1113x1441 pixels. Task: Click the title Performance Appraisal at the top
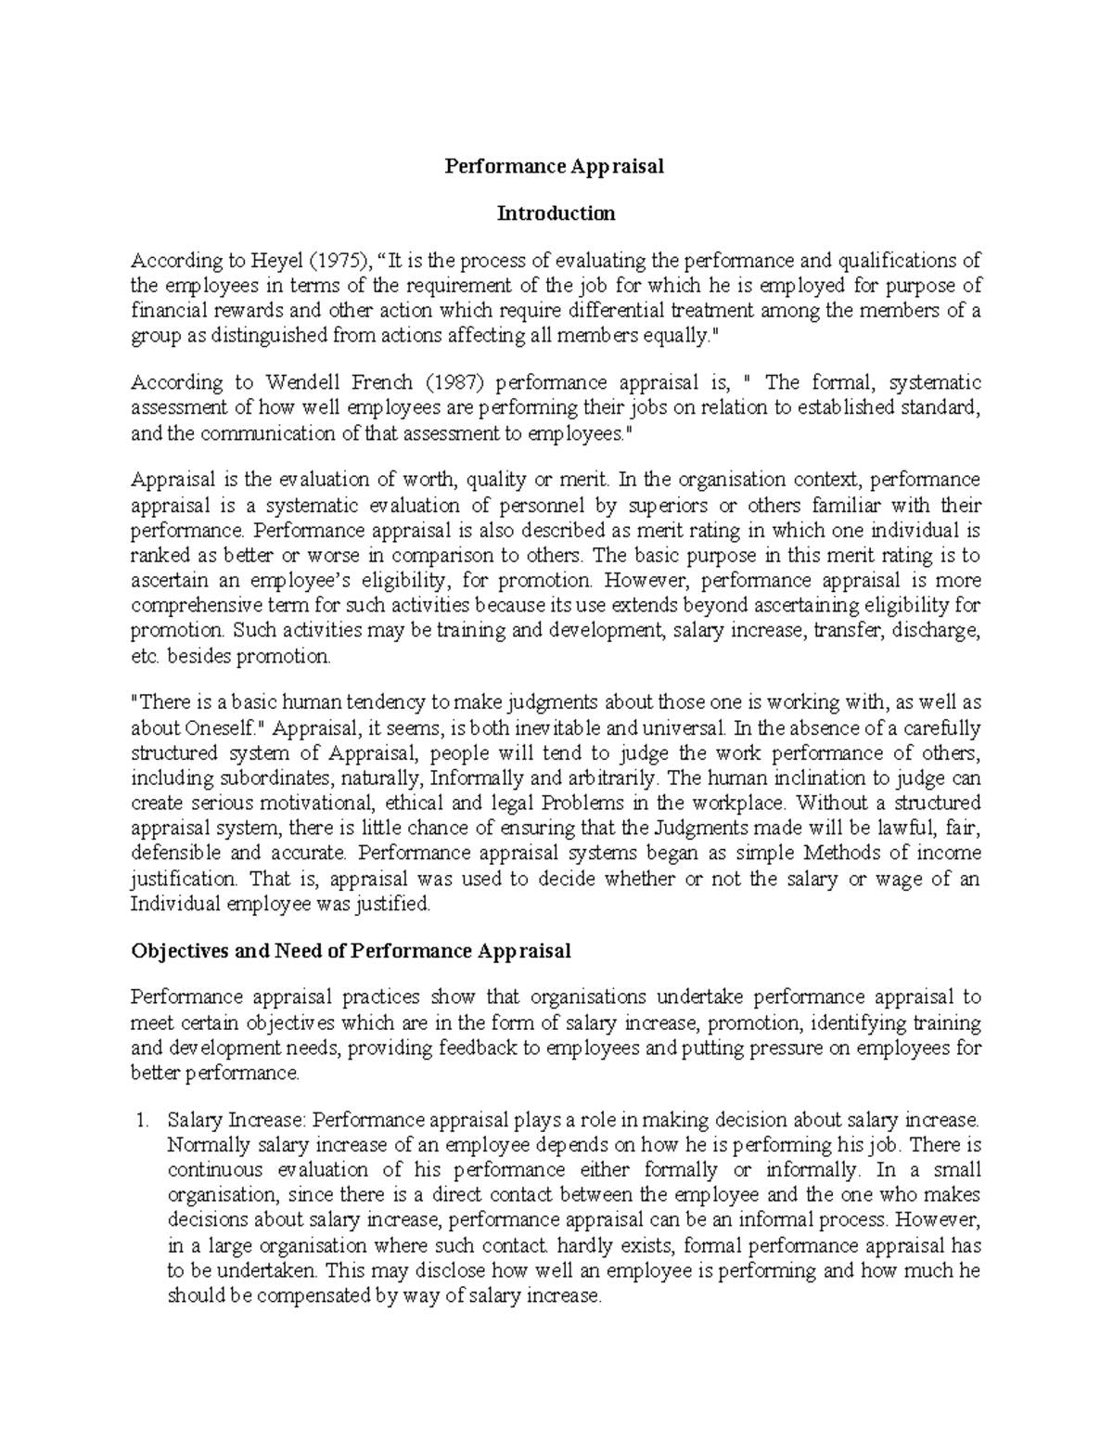tap(555, 167)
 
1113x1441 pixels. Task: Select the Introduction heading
tap(556, 213)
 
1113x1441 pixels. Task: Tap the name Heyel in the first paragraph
tap(275, 261)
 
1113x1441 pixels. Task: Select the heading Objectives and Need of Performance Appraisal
tap(351, 951)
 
